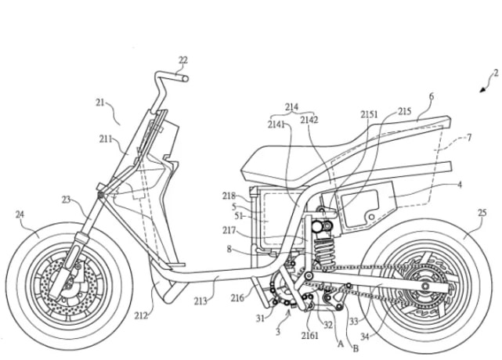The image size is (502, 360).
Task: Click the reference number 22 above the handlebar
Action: [183, 59]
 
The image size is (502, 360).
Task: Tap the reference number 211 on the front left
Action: [106, 140]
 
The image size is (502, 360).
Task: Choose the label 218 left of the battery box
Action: [229, 196]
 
